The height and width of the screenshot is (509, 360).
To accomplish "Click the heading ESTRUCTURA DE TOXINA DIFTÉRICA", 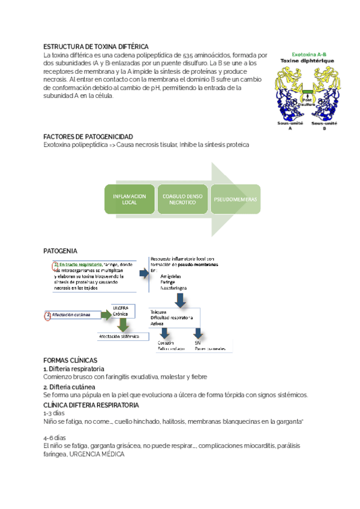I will coord(96,47).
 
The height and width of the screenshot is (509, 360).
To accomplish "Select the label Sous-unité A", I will coord(290,125).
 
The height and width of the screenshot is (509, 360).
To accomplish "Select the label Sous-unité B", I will coord(325,125).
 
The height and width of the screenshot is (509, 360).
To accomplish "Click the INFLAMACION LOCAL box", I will coord(129,199).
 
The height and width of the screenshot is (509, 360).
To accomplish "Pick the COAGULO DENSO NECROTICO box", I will coord(183,199).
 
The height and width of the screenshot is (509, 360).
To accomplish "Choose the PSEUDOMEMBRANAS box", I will coord(235,199).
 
